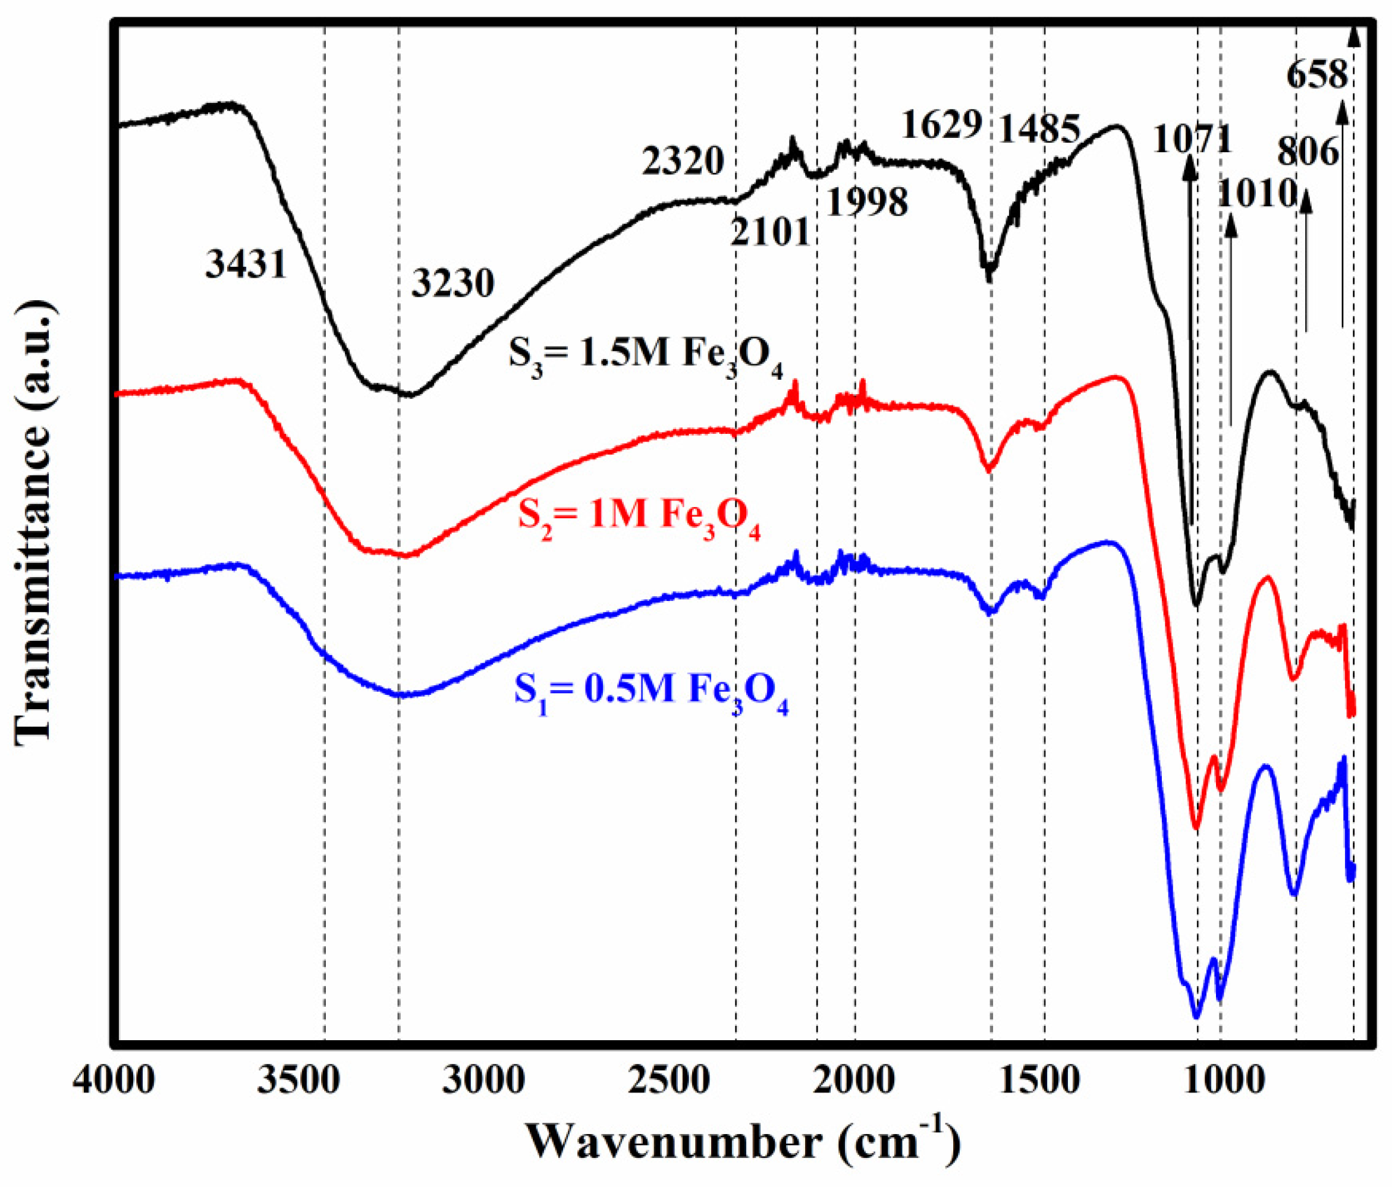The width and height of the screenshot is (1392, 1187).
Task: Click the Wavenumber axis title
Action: coord(741,1144)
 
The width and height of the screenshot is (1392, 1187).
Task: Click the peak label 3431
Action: coord(246,264)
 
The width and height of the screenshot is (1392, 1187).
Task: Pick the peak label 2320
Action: coord(683,161)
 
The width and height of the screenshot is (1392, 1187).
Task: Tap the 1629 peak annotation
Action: coord(942,124)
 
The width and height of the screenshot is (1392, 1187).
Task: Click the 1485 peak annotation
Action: coord(1040,128)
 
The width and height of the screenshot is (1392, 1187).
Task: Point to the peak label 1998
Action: coord(866,201)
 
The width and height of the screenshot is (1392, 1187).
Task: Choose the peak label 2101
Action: coord(770,232)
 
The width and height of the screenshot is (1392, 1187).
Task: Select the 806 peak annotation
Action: coord(1308,152)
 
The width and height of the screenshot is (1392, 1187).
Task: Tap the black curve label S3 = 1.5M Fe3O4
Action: coord(645,354)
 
